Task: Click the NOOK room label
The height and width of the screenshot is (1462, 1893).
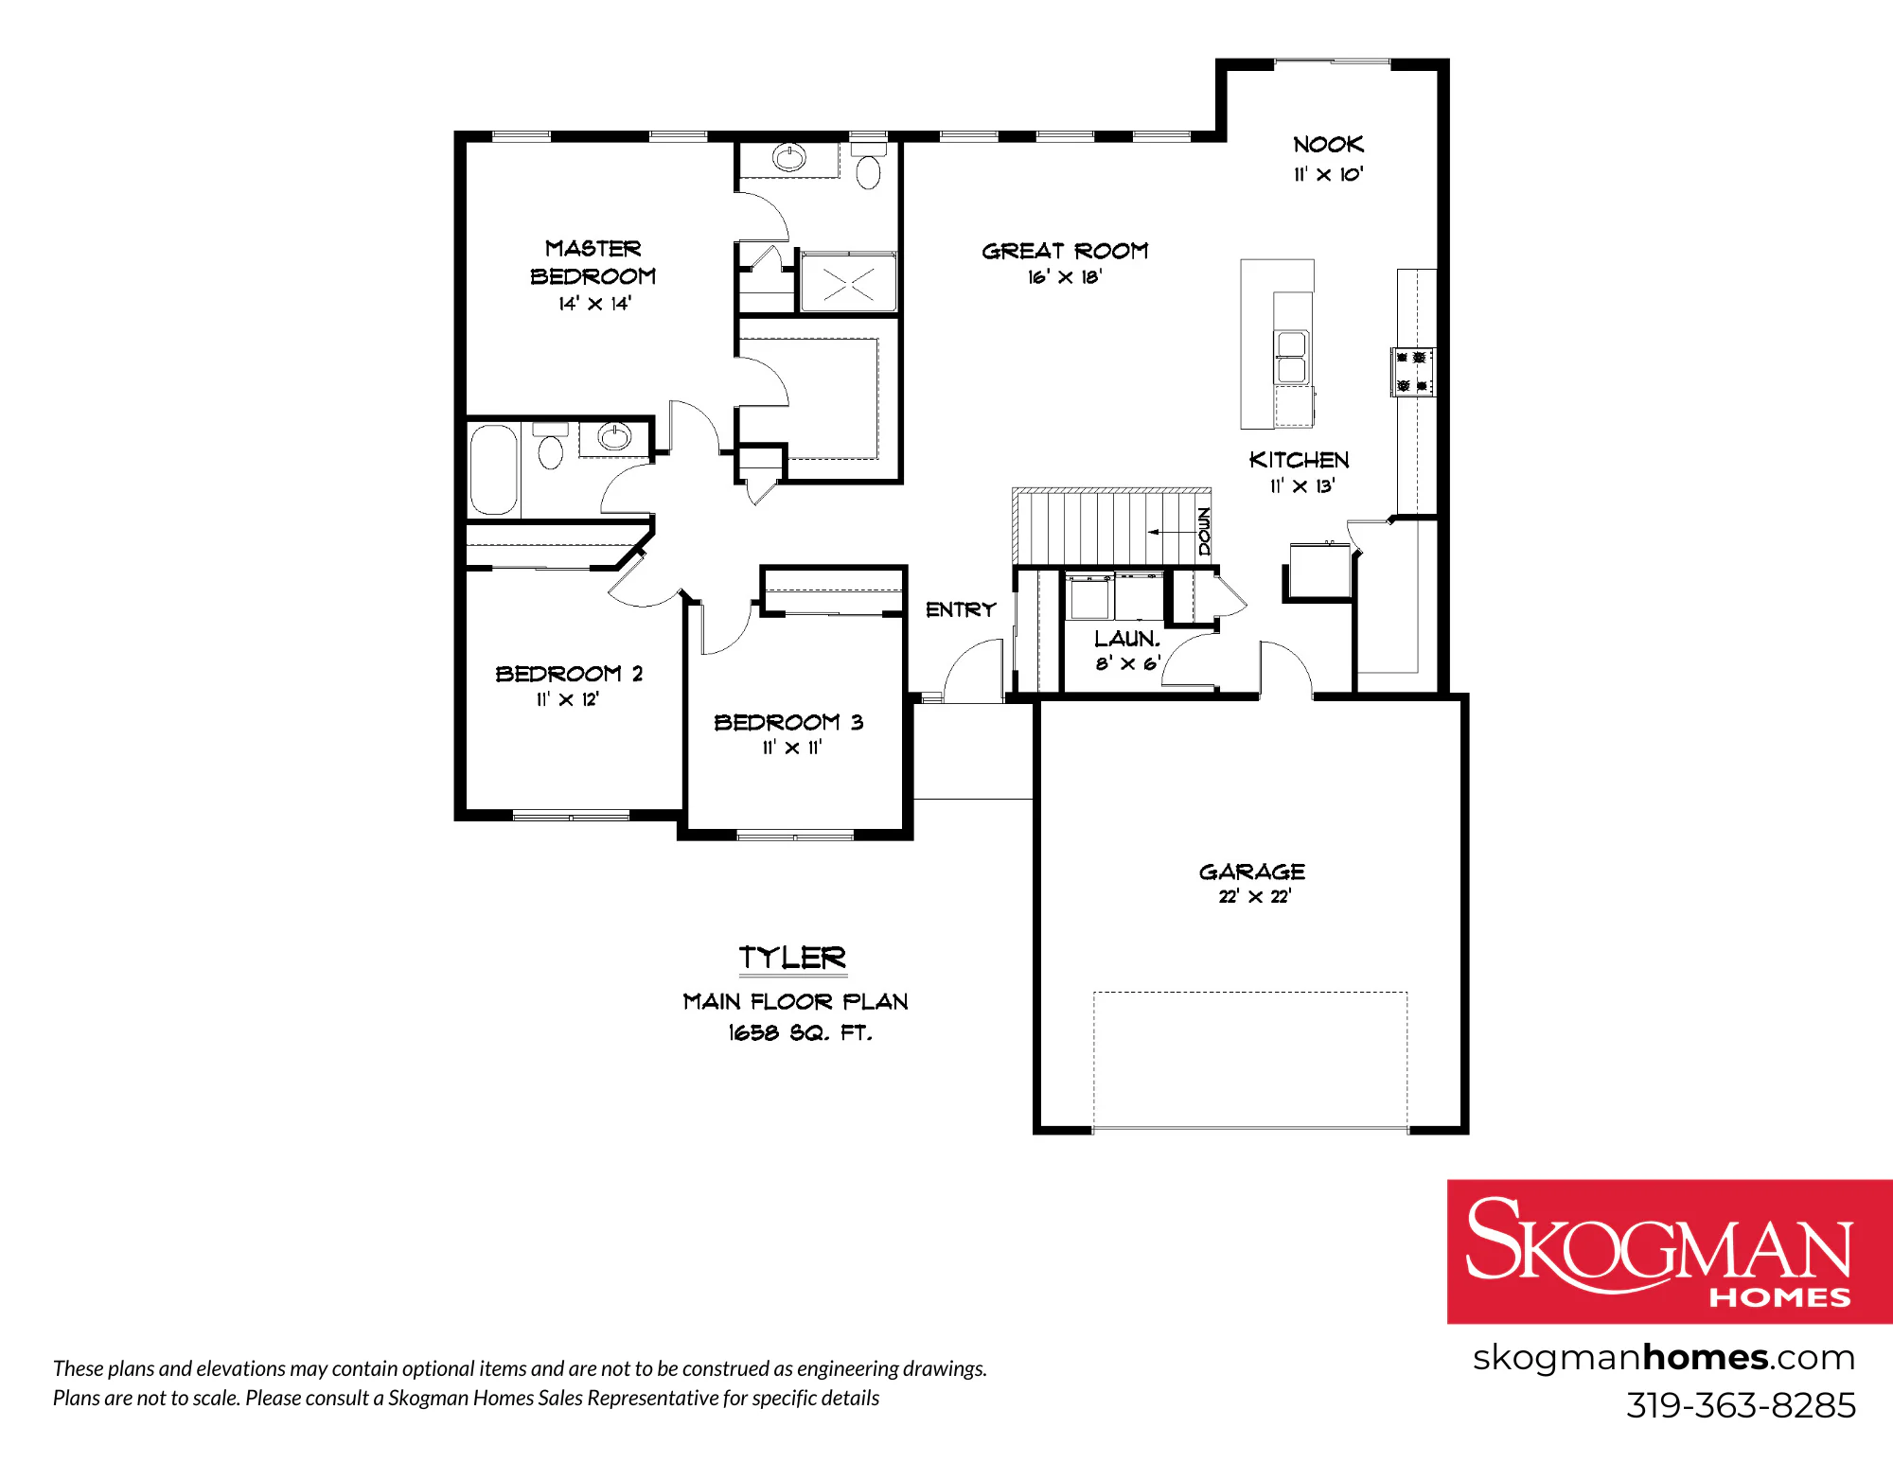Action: tap(1328, 145)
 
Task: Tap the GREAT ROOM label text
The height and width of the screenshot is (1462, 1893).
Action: tap(1065, 251)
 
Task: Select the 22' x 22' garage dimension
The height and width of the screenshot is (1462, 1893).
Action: tap(1254, 896)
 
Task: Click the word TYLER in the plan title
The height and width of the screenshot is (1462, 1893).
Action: tap(792, 958)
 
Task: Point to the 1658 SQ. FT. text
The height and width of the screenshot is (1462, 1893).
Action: tap(800, 1032)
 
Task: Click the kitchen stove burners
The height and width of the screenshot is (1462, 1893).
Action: tap(1412, 371)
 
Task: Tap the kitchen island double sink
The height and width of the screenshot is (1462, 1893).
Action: tap(1292, 357)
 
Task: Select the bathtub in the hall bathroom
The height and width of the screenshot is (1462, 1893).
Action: tap(494, 469)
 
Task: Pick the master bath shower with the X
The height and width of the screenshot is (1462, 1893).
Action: tap(848, 282)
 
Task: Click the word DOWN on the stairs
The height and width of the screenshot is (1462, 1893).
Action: tap(1204, 531)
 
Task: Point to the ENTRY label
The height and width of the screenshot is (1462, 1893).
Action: tap(961, 609)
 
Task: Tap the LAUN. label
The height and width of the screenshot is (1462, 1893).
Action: tap(1126, 639)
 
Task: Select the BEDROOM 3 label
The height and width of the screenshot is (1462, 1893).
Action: tap(788, 722)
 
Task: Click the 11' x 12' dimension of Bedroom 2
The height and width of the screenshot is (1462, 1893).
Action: tap(568, 699)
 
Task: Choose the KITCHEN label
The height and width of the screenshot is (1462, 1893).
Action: tap(1300, 460)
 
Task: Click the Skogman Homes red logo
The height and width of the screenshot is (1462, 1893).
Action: tap(1670, 1251)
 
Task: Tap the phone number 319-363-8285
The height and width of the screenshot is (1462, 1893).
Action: tap(1741, 1405)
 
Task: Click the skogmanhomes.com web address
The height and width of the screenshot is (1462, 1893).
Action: tap(1663, 1358)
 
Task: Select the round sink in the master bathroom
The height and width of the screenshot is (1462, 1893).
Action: tap(789, 156)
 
